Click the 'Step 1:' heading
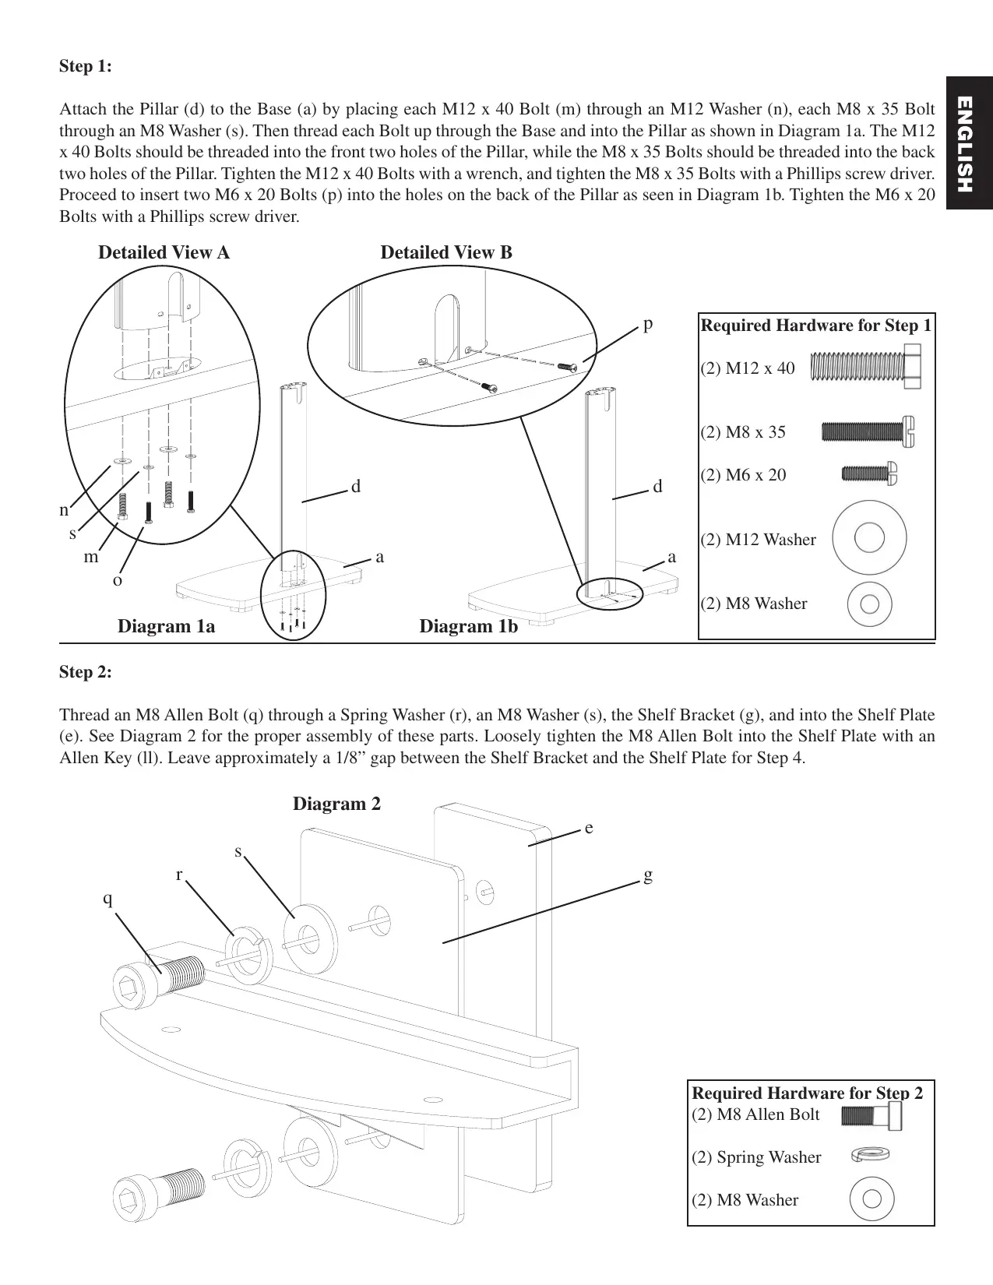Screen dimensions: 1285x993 86,67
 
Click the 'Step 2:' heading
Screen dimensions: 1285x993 86,672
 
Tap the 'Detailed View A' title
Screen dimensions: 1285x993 164,252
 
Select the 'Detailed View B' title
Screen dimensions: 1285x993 446,252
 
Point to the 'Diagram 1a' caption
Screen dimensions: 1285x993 166,626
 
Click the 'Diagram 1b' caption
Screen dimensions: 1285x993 468,626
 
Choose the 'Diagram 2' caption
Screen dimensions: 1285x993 336,804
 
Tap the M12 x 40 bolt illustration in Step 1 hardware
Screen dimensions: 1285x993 865,368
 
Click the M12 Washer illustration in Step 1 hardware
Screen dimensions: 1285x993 869,538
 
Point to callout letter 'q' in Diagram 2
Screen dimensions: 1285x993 108,899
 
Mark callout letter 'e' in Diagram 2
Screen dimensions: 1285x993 589,829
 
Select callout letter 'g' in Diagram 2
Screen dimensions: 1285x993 648,875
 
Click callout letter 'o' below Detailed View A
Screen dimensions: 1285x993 118,580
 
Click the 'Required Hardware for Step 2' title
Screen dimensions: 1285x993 808,1093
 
